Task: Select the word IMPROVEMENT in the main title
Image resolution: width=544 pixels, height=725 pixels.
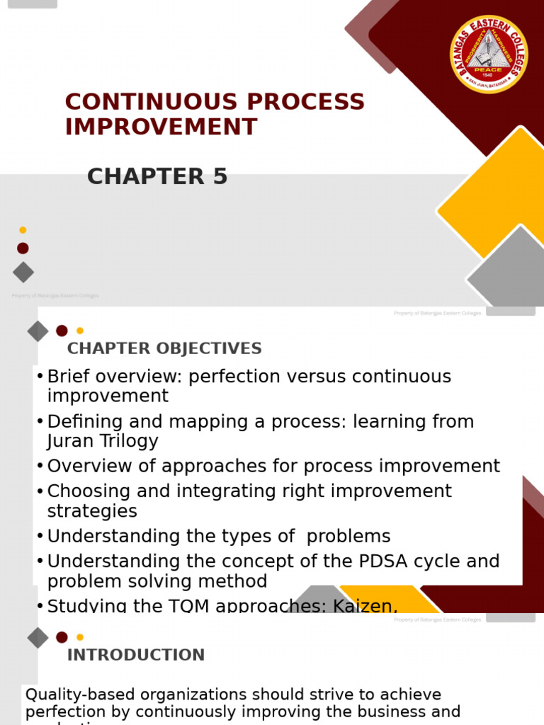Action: [161, 127]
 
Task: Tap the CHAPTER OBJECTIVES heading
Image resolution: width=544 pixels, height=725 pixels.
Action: [164, 348]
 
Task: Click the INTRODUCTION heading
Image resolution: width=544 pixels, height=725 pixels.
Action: [136, 655]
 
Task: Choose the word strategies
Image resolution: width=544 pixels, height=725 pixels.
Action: [92, 510]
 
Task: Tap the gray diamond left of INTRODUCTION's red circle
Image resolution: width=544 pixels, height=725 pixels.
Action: [38, 637]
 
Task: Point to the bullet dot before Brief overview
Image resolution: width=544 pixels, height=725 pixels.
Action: [40, 377]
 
